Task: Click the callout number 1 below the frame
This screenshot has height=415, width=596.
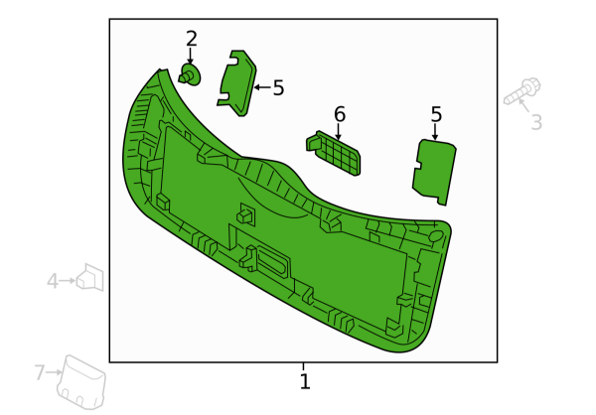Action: click(305, 381)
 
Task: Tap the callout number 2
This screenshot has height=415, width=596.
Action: click(192, 39)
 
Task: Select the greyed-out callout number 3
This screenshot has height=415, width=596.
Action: click(536, 122)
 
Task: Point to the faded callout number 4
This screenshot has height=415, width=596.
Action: click(53, 281)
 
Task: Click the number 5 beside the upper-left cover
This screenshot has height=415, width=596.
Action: click(278, 87)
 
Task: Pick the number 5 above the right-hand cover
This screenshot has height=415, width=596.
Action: click(436, 114)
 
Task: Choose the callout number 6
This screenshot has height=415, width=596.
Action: click(340, 114)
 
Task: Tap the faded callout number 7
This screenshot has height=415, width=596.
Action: click(40, 372)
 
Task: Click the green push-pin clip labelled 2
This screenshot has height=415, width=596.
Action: click(190, 74)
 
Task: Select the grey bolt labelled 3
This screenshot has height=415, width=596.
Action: click(522, 91)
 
